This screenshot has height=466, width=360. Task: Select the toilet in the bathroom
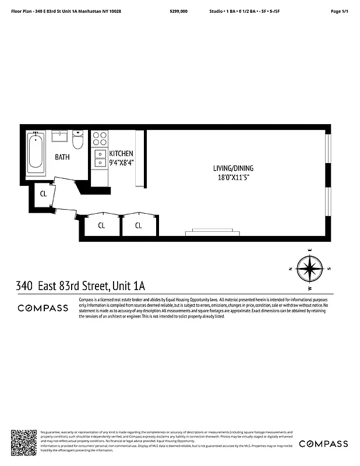click(78, 140)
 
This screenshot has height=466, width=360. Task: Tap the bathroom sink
click(59, 136)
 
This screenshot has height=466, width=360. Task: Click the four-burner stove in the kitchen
click(100, 139)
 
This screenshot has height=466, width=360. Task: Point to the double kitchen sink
click(100, 158)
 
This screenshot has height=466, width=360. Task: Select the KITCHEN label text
click(121, 153)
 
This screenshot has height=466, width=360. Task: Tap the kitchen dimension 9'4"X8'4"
click(121, 163)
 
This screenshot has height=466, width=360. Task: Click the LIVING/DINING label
click(233, 168)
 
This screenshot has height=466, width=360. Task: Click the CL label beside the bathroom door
click(43, 194)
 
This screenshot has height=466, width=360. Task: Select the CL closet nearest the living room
click(139, 225)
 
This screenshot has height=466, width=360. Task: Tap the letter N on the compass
click(290, 269)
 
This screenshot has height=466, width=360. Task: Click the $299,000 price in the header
click(178, 11)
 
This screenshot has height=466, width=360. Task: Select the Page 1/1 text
click(339, 11)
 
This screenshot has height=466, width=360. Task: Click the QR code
click(24, 442)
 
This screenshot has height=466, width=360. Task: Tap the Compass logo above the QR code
click(43, 308)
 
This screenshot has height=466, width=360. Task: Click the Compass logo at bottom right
click(323, 444)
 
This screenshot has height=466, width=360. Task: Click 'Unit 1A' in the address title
click(128, 286)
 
